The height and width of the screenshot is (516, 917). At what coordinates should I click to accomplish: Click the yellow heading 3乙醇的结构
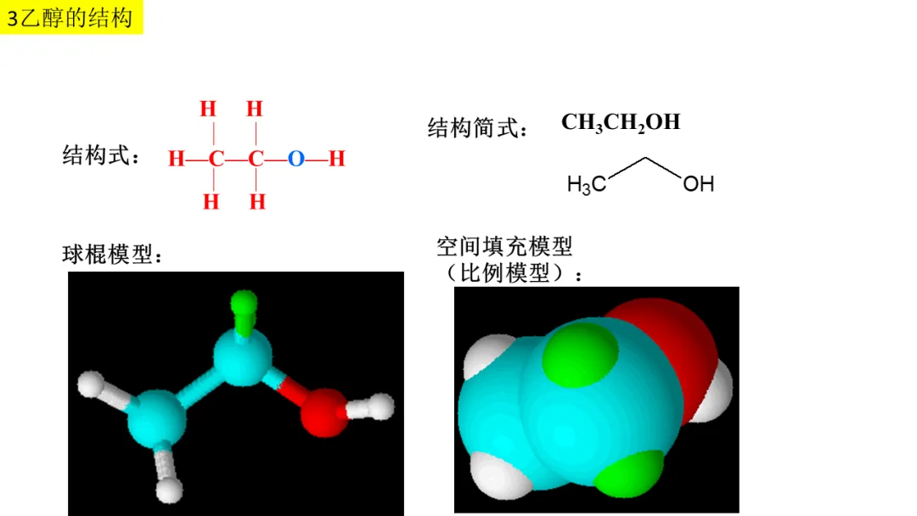pyautogui.click(x=71, y=18)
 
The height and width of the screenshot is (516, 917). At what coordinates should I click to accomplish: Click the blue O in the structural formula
pyautogui.click(x=295, y=159)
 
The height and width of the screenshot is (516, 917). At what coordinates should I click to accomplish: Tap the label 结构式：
pyautogui.click(x=101, y=157)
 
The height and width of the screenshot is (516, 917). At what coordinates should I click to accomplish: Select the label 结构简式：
pyautogui.click(x=478, y=129)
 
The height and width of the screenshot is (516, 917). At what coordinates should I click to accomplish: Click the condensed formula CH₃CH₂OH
pyautogui.click(x=621, y=122)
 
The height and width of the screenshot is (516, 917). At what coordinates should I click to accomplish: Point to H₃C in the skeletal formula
pyautogui.click(x=586, y=184)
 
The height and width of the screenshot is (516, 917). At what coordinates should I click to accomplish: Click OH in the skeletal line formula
pyautogui.click(x=698, y=183)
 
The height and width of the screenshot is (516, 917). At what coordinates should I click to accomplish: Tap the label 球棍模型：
pyautogui.click(x=112, y=255)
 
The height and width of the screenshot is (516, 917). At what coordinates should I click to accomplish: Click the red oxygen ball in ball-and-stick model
pyautogui.click(x=323, y=412)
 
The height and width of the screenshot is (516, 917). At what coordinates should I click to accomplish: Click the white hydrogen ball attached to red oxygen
pyautogui.click(x=381, y=406)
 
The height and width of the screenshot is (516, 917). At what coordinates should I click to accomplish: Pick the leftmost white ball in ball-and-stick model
pyautogui.click(x=90, y=384)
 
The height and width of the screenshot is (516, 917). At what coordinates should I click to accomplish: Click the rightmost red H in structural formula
pyautogui.click(x=336, y=159)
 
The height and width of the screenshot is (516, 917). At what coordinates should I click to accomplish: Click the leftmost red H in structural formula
pyautogui.click(x=176, y=159)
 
